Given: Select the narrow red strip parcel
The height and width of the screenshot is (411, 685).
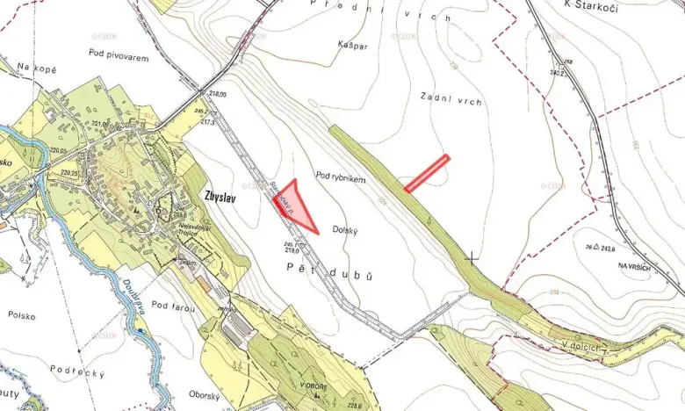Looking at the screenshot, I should [427, 172].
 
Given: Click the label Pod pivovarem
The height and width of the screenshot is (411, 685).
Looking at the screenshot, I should [119, 58].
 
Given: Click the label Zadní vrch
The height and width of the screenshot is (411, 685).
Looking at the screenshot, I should [451, 101].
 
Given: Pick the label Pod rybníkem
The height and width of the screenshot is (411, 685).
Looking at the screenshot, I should [339, 178].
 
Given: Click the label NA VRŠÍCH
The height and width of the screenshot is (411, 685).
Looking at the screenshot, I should [636, 266].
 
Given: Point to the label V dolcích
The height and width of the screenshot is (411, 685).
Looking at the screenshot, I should [583, 345].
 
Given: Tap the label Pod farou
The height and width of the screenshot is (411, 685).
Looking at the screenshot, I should [170, 305].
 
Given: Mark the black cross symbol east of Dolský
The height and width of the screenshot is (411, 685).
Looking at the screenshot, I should [472, 258].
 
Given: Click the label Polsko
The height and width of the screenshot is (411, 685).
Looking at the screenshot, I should [21, 314].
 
